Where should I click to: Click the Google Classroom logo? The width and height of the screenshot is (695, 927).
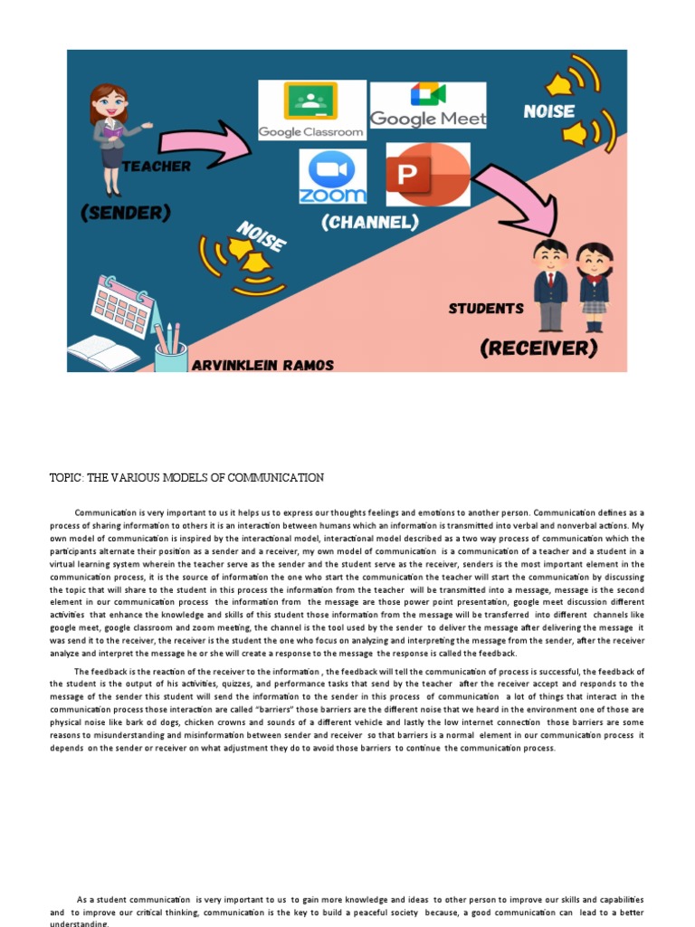click(311, 110)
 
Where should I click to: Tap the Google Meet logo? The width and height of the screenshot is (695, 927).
click(427, 106)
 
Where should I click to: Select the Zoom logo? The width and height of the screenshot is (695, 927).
click(333, 177)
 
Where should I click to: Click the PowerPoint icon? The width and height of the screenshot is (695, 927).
click(427, 175)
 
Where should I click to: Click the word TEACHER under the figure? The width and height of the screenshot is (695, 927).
click(156, 167)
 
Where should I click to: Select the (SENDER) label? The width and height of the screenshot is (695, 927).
click(125, 214)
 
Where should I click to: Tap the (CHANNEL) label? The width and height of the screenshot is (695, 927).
click(369, 222)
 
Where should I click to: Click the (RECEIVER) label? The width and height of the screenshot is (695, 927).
click(538, 348)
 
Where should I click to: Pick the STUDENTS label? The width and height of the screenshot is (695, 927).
click(486, 309)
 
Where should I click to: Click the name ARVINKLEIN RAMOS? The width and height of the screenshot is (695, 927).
click(262, 365)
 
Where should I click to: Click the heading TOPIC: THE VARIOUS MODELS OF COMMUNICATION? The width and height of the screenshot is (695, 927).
click(186, 478)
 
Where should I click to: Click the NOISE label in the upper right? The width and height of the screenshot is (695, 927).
click(549, 111)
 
